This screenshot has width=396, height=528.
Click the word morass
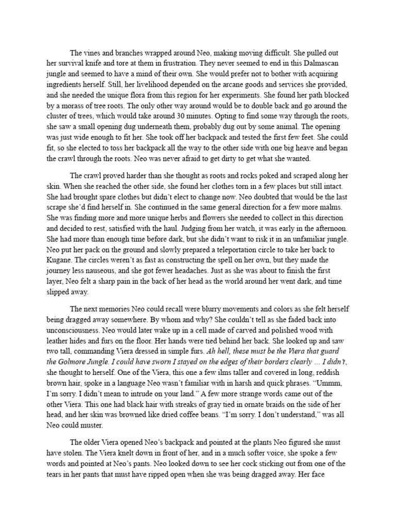click(x=86, y=118)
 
